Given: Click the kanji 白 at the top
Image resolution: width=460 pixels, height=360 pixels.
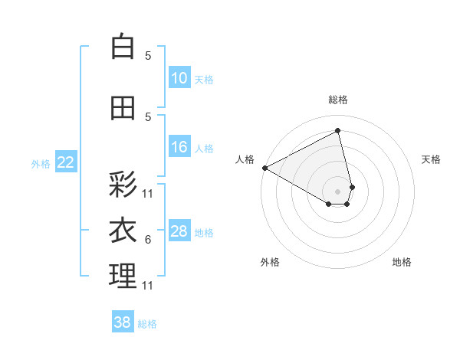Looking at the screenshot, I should click(123, 47).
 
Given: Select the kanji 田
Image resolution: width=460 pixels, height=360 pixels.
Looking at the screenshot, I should click(123, 109).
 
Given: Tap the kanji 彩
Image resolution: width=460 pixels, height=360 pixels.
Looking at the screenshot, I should click(123, 185).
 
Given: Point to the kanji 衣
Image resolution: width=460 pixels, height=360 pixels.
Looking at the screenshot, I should click(123, 231).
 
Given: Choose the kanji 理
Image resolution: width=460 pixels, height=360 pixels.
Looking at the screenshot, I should click(123, 277).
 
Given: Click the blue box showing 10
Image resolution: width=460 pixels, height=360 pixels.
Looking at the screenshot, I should click(179, 78).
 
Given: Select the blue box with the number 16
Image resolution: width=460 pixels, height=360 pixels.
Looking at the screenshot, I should click(179, 147).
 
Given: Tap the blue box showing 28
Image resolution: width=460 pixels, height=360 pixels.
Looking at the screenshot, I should click(179, 231).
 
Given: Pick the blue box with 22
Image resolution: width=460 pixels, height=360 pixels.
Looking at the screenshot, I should click(66, 162).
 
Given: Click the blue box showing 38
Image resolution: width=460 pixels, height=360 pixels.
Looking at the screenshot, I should click(123, 323).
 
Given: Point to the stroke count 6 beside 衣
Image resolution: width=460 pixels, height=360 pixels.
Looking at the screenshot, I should click(148, 240).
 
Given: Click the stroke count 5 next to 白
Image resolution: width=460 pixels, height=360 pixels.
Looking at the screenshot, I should click(148, 56).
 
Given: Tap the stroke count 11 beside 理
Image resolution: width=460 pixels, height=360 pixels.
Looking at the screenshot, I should click(148, 286).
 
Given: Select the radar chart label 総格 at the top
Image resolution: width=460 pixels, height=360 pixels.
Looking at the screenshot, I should click(338, 100).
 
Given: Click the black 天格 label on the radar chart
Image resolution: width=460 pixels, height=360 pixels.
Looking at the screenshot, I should click(431, 159).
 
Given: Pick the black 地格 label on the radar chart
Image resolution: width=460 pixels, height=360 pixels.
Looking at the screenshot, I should click(402, 262).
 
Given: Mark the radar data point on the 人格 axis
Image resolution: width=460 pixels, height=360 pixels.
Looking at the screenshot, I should click(264, 167).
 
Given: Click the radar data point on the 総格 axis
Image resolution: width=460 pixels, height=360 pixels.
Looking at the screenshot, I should click(338, 130).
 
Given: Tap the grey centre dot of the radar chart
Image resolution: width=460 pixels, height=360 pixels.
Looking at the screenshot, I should click(338, 190).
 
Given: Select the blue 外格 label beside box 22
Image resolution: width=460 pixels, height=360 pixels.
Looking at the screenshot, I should click(41, 163).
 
